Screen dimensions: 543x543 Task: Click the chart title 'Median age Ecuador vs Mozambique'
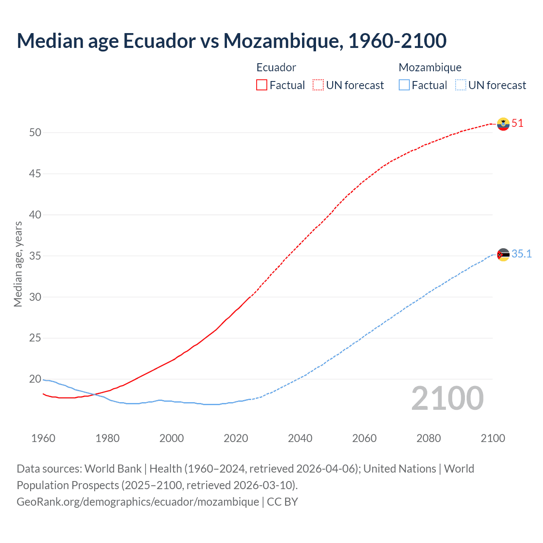(231, 41)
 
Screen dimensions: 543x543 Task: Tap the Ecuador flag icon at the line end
(503, 124)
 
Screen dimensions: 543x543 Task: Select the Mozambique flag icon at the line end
(503, 255)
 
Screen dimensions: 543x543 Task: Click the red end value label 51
(518, 123)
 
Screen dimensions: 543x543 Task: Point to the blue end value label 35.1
(521, 254)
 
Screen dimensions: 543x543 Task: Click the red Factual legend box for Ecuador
(262, 85)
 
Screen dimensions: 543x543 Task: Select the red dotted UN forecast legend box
(318, 85)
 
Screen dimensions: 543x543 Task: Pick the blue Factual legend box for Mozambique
(404, 85)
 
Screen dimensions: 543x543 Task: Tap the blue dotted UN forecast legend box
(461, 85)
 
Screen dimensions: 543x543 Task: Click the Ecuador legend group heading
(276, 67)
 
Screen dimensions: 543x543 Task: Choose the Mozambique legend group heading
(430, 67)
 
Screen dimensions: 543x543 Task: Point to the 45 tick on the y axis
(35, 174)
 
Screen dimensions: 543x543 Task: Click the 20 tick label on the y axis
(35, 379)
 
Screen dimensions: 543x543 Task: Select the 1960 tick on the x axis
(43, 438)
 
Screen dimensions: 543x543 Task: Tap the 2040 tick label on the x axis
(300, 438)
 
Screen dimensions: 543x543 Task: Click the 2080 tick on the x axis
(428, 438)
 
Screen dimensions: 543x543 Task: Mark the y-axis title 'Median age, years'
(18, 264)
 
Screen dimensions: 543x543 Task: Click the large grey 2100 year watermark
(447, 398)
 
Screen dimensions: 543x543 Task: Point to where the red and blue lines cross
(93, 395)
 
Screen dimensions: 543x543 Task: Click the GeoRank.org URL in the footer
(137, 502)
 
